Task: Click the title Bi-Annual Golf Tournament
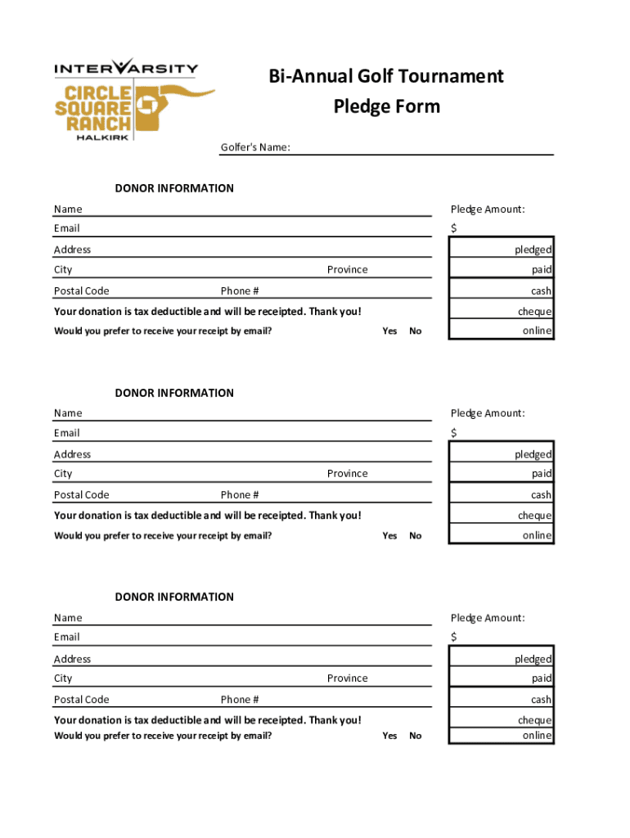(386, 76)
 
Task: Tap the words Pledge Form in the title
(386, 106)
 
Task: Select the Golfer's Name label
(255, 148)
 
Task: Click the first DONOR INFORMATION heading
(174, 188)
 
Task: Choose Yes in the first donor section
(389, 331)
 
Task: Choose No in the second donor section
(416, 536)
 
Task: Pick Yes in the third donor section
(389, 736)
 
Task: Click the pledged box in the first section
(501, 249)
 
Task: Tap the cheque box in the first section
(501, 311)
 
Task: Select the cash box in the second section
(501, 494)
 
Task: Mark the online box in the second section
(501, 535)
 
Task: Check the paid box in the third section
(501, 678)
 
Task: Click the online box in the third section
(501, 736)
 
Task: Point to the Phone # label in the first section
(240, 291)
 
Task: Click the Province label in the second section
(347, 474)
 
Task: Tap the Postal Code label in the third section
(81, 700)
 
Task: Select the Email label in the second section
(67, 433)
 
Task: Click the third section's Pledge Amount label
(488, 618)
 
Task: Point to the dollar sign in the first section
(454, 228)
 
